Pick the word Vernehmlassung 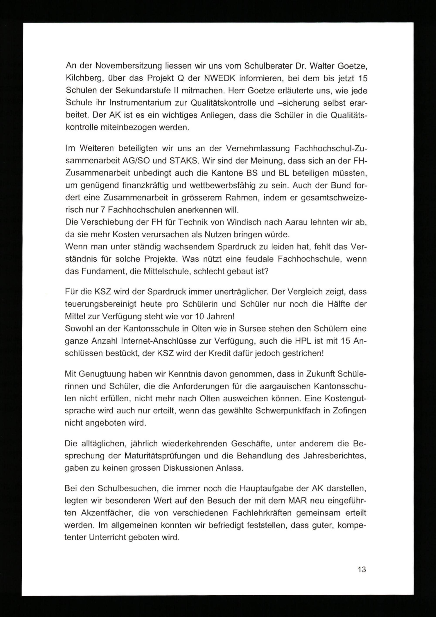[x=258, y=148]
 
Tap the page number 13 [x=362, y=569]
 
